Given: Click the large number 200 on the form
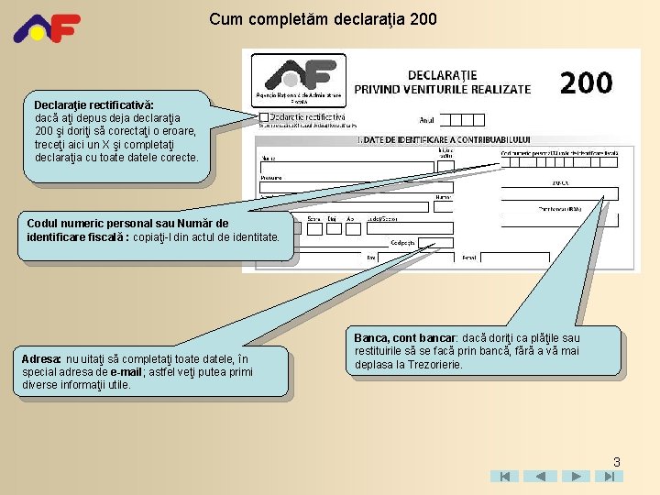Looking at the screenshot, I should pyautogui.click(x=586, y=82).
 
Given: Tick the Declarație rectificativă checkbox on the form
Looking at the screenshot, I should pyautogui.click(x=264, y=117).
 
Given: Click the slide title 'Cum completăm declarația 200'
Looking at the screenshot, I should pyautogui.click(x=323, y=18).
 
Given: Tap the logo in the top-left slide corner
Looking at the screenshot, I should pyautogui.click(x=47, y=28).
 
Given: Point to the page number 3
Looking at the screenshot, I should pyautogui.click(x=617, y=462).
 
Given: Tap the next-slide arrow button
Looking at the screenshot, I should pyautogui.click(x=575, y=477).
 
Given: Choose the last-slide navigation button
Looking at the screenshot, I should pyautogui.click(x=608, y=477).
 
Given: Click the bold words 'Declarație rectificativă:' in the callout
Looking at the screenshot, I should pyautogui.click(x=94, y=105).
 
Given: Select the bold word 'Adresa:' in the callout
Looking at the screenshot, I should pyautogui.click(x=41, y=358).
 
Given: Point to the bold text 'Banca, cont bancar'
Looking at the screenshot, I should pyautogui.click(x=404, y=338).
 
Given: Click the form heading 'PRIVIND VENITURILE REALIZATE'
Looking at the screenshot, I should pyautogui.click(x=442, y=89).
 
